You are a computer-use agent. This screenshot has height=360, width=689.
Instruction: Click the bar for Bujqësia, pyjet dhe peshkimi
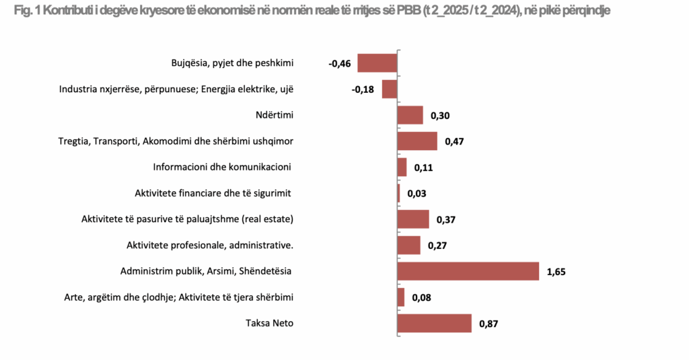pos(377,63)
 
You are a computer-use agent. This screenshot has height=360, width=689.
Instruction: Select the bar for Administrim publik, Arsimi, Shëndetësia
pos(468,271)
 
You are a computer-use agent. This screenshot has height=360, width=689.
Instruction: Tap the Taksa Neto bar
pos(435,323)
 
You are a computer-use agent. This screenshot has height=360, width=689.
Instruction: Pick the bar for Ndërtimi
pos(410,115)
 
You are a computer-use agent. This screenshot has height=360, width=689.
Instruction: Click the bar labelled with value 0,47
pos(417,141)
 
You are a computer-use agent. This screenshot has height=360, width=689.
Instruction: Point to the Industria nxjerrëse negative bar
pos(390,89)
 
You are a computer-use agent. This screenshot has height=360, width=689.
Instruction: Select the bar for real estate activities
pos(413,219)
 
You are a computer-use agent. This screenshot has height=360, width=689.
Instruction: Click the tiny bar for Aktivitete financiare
pos(399,193)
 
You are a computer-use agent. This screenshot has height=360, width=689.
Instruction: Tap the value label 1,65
pos(557,272)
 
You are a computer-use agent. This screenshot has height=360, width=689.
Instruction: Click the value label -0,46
pos(340,64)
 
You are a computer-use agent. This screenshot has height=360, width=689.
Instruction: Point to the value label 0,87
pos(488,324)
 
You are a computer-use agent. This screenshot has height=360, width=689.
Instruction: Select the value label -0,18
pos(363,90)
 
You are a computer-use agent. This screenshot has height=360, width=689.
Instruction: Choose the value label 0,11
pos(423,168)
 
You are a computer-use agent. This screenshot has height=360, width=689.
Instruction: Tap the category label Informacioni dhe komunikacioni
pos(225,167)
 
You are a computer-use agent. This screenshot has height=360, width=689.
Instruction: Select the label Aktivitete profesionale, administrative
pos(210,245)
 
